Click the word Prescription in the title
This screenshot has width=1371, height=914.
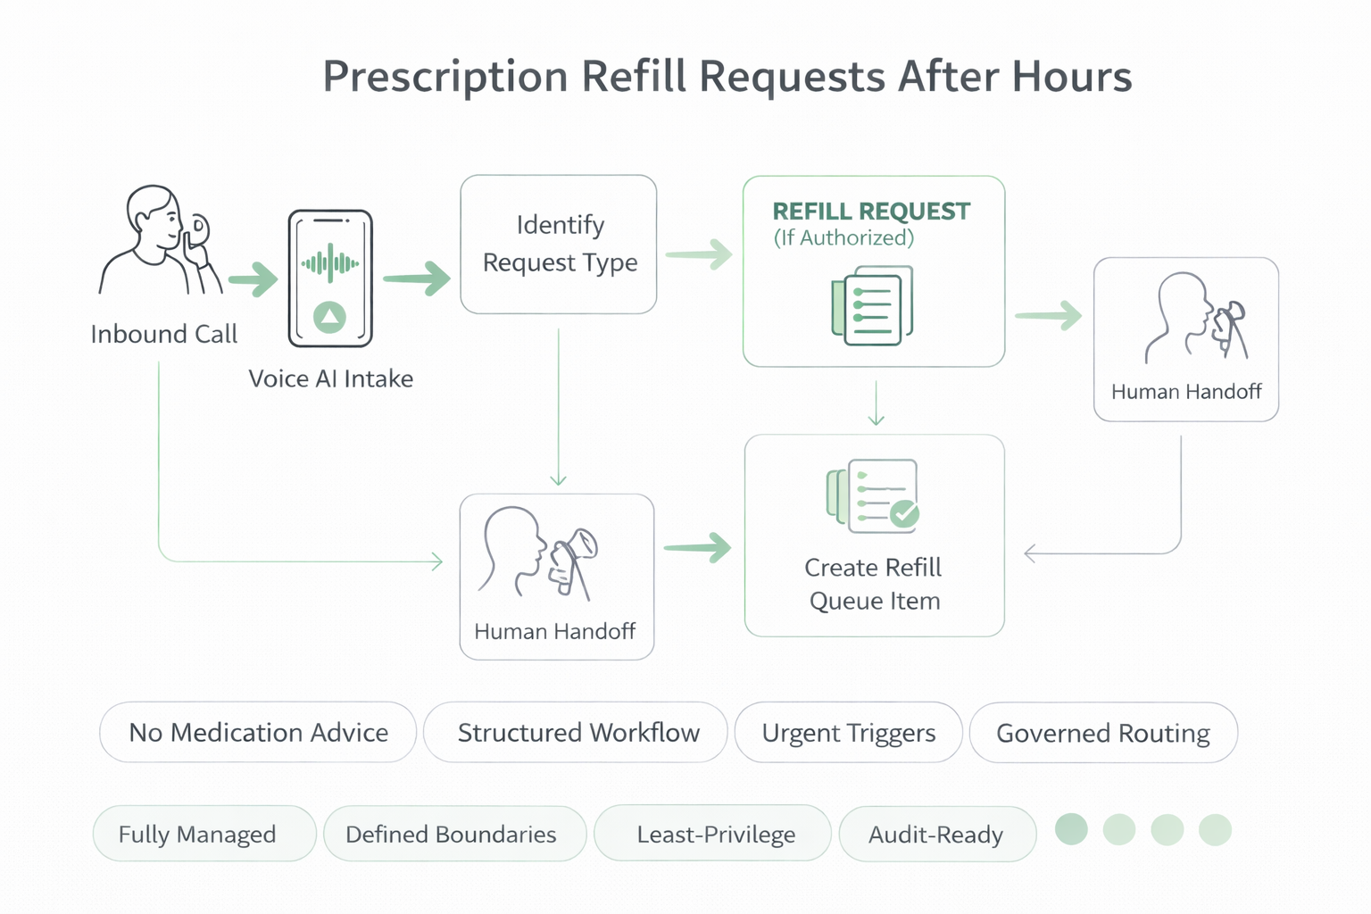(445, 77)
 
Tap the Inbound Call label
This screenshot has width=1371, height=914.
(163, 334)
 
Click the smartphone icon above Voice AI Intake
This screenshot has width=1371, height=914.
(330, 278)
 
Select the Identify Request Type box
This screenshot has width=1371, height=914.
(559, 244)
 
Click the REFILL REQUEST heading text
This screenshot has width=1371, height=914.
(870, 212)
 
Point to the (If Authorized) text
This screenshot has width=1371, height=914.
(843, 238)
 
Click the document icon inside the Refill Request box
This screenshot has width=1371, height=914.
(872, 305)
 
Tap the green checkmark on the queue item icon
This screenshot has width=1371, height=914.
(904, 513)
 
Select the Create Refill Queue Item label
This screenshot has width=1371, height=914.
(874, 584)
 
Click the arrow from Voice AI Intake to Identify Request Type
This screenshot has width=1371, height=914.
(417, 278)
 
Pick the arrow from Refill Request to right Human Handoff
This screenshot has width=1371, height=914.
(1049, 315)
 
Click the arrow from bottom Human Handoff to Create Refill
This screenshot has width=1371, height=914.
(697, 547)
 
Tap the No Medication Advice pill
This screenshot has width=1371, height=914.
(258, 733)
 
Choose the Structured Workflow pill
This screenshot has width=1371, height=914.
(577, 733)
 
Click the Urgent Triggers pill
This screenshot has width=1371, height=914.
(848, 733)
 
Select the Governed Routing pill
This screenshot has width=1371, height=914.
(1102, 733)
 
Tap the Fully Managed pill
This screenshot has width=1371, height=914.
(197, 834)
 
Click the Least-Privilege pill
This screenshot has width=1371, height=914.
(715, 834)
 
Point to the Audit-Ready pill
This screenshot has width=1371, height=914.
(935, 834)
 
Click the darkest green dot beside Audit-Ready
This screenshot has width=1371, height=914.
(1071, 829)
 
